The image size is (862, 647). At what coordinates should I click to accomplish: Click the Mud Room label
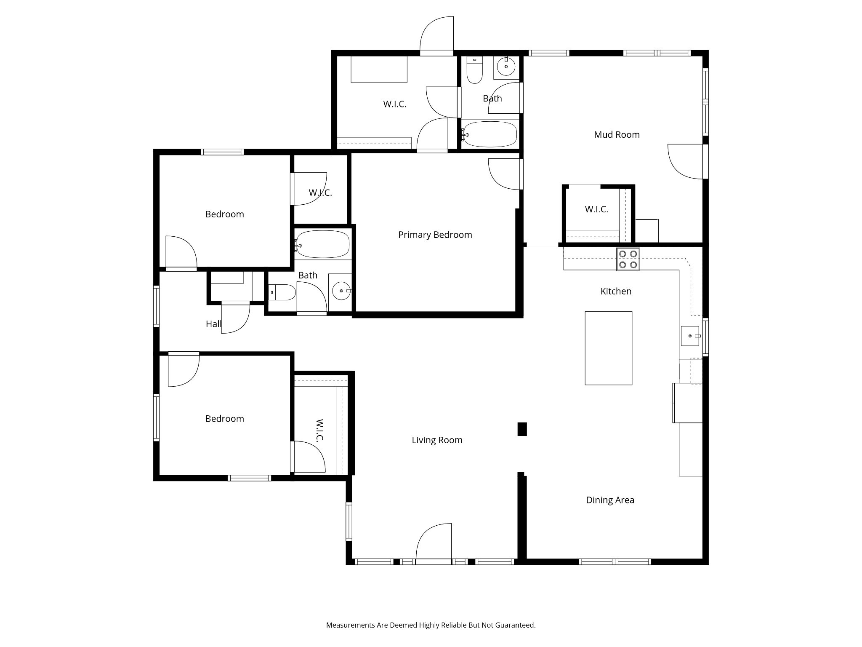617,135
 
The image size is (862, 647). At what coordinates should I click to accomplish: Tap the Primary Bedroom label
435,235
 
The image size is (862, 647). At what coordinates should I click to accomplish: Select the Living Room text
437,440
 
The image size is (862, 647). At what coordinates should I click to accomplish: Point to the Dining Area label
610,500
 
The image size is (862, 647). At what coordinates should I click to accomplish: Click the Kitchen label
616,291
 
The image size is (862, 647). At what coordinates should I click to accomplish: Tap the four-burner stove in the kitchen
628,259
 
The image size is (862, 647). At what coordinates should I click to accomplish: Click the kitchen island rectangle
609,348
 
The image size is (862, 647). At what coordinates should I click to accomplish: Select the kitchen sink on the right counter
690,336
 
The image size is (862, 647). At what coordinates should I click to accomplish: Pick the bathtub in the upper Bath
490,134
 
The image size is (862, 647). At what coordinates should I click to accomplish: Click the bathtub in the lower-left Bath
322,244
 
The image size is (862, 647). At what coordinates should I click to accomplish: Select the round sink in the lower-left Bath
341,291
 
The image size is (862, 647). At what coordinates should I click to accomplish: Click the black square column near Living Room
522,429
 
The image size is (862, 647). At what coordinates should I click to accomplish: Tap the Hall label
213,324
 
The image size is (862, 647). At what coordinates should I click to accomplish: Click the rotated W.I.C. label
319,430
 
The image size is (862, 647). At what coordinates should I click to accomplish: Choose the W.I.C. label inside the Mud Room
596,209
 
